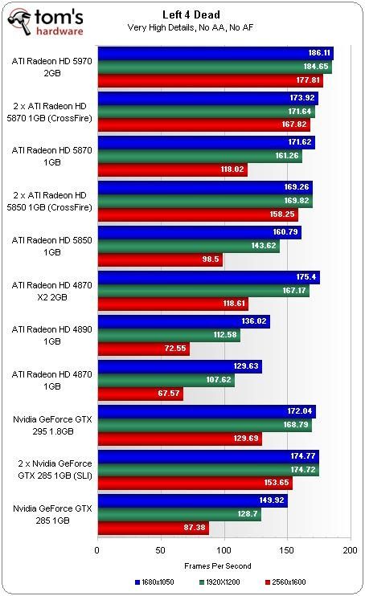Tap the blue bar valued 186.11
click(215, 53)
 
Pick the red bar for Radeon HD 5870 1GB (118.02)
click(172, 169)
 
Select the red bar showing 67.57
click(140, 394)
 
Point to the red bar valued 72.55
click(143, 349)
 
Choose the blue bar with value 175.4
click(208, 277)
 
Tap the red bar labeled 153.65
click(195, 484)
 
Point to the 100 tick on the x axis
click(224, 551)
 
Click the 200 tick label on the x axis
click(349, 551)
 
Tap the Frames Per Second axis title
click(223, 565)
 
